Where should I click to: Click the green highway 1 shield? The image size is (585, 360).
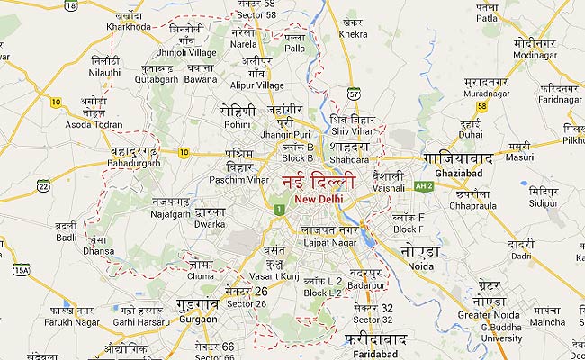(280, 210)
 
